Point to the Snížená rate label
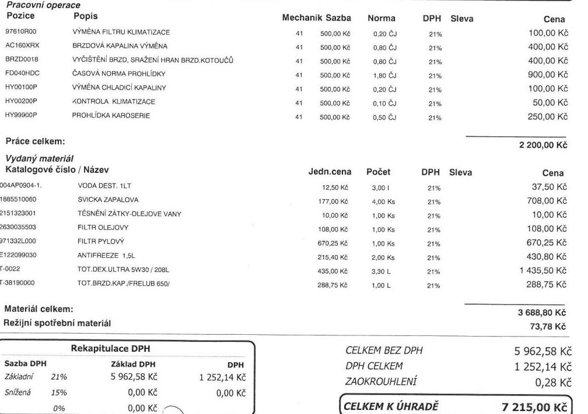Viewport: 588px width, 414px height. [x=18, y=392]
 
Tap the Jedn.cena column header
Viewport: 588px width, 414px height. [x=328, y=172]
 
